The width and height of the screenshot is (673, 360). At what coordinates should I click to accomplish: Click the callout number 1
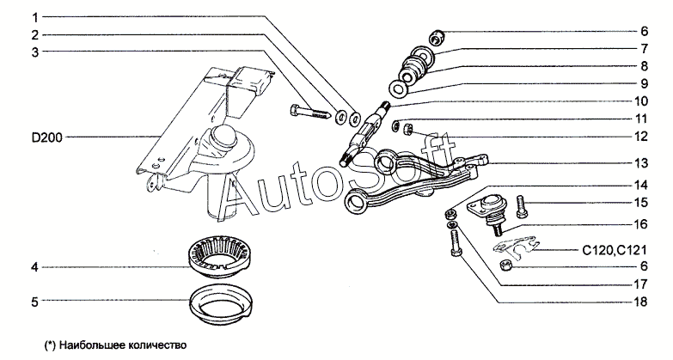(x=35, y=16)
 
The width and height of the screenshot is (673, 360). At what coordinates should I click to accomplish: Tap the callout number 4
(x=35, y=267)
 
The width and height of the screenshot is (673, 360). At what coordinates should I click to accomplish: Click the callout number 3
(x=35, y=52)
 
